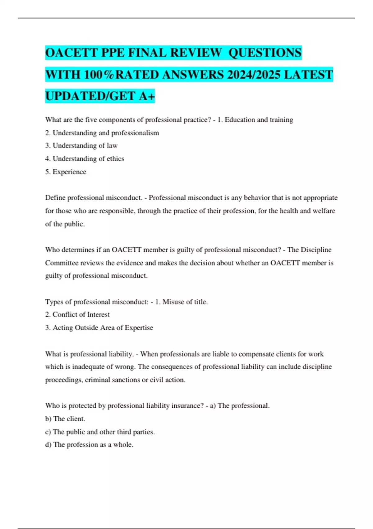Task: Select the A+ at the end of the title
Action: [147, 96]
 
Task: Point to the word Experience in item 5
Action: [69, 172]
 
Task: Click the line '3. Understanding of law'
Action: [81, 146]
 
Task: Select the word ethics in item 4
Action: [115, 159]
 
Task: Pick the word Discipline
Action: [316, 250]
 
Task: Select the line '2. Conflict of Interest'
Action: [77, 315]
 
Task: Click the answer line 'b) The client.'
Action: [65, 419]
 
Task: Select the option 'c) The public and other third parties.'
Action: [100, 432]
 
